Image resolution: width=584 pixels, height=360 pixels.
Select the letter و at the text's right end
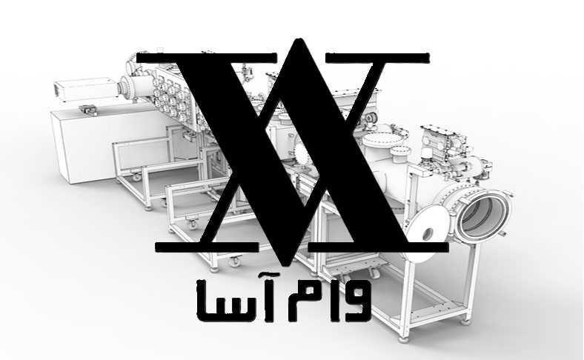(357, 300)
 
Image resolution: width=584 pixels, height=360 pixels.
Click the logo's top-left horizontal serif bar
(207, 58)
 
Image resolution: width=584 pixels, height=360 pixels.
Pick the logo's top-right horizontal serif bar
(377, 58)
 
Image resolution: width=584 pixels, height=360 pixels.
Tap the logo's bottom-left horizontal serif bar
(207, 247)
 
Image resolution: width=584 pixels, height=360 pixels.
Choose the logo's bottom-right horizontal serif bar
(378, 247)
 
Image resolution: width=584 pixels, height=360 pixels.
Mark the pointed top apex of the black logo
(297, 40)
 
